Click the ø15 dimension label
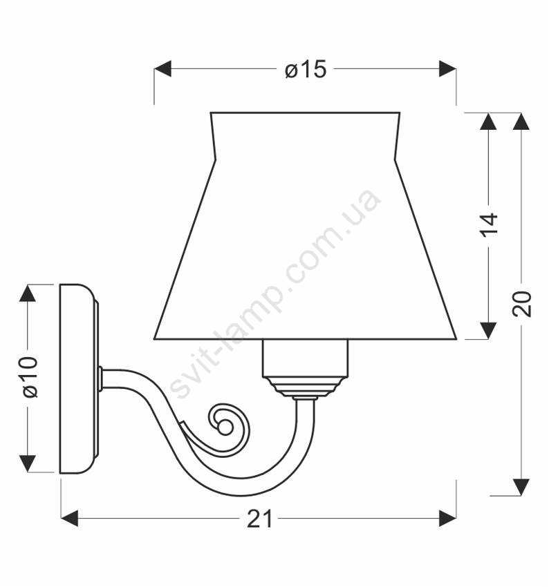(x=306, y=69)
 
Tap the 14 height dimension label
(x=489, y=224)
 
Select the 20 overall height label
(x=522, y=303)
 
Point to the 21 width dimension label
(x=259, y=519)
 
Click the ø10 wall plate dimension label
(x=30, y=376)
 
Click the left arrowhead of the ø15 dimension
(x=162, y=69)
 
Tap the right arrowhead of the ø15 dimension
(x=447, y=69)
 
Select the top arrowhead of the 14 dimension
(x=488, y=122)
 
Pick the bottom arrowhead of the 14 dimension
(x=488, y=331)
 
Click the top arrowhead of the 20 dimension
(x=521, y=122)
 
